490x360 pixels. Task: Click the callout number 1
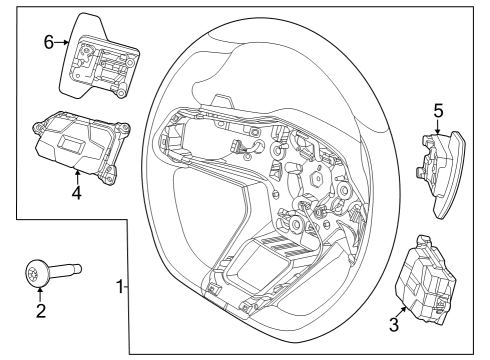click(x=120, y=287)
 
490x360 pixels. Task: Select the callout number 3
click(x=394, y=324)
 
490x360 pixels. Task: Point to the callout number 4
click(x=76, y=193)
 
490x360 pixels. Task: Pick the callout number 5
click(x=437, y=110)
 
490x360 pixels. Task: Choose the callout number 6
click(x=47, y=42)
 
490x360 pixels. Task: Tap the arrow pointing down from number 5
click(x=437, y=128)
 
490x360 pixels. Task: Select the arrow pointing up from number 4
click(x=76, y=176)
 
